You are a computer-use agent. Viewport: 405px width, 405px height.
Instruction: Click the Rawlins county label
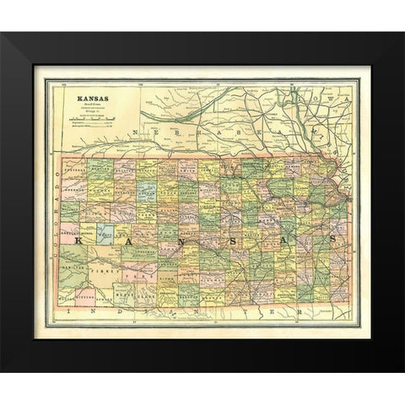coord(99,168)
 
